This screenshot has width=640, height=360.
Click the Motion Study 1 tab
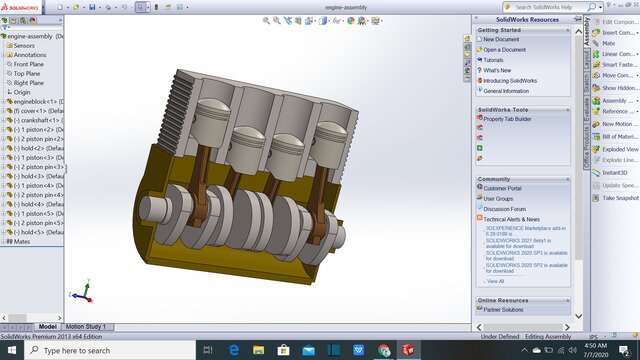85,327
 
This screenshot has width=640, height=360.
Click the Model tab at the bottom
47,327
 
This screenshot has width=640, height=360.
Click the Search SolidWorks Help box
544,7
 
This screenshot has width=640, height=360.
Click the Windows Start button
9,351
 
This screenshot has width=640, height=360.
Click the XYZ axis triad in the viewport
81,293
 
